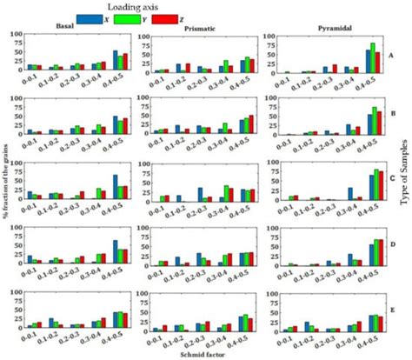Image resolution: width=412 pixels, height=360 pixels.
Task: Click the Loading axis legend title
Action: (x=205, y=6)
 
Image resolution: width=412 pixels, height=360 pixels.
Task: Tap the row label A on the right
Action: (x=392, y=53)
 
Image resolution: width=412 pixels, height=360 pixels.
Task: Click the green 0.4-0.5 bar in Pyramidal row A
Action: (x=373, y=57)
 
